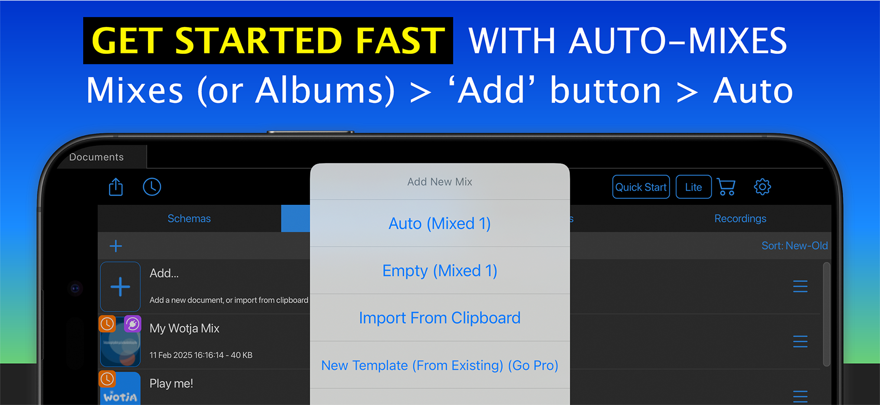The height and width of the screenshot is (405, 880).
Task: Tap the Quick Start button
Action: point(641,187)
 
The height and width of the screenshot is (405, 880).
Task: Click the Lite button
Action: point(694,187)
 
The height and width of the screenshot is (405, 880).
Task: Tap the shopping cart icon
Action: point(726,187)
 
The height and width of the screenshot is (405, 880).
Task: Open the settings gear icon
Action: point(762,187)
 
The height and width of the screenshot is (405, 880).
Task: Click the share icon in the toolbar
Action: point(116,187)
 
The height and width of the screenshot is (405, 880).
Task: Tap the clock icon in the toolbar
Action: point(152,187)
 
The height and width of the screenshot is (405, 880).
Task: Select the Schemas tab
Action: point(189,218)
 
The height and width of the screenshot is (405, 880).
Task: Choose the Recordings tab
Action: point(740,218)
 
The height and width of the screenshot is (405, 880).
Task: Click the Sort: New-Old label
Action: point(794,246)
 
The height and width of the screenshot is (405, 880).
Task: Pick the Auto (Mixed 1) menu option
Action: point(440,223)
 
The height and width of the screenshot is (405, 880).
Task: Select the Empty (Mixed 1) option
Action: point(440,270)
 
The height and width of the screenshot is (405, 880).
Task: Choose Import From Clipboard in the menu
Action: point(440,317)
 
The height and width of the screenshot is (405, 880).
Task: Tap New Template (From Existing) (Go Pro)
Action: point(440,365)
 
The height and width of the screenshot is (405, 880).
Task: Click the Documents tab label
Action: point(96,157)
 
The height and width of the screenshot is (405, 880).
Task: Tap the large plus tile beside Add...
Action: point(120,287)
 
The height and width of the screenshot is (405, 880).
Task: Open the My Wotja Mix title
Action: point(184,328)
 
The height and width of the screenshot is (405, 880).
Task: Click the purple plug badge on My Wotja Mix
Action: point(132,324)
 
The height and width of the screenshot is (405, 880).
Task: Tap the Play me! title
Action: point(171,383)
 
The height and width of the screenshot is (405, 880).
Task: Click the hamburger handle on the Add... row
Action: point(800,287)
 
